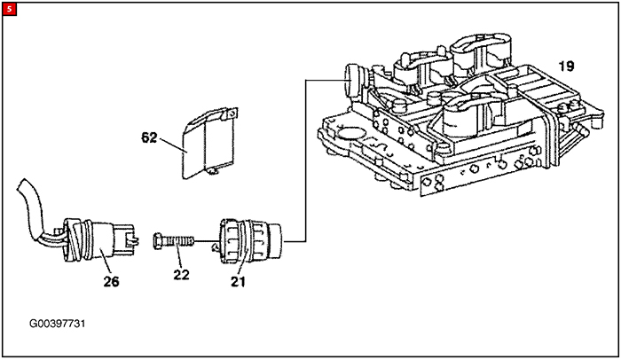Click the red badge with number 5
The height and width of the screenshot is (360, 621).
10,10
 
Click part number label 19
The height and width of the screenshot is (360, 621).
566,67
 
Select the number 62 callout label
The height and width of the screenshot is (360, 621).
149,137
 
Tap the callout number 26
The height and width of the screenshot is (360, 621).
111,282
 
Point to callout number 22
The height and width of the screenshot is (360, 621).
181,275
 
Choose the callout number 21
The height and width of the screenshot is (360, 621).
238,282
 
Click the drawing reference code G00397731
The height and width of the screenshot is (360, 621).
58,324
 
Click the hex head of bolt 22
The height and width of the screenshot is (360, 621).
158,241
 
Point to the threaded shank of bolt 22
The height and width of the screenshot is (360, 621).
178,241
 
